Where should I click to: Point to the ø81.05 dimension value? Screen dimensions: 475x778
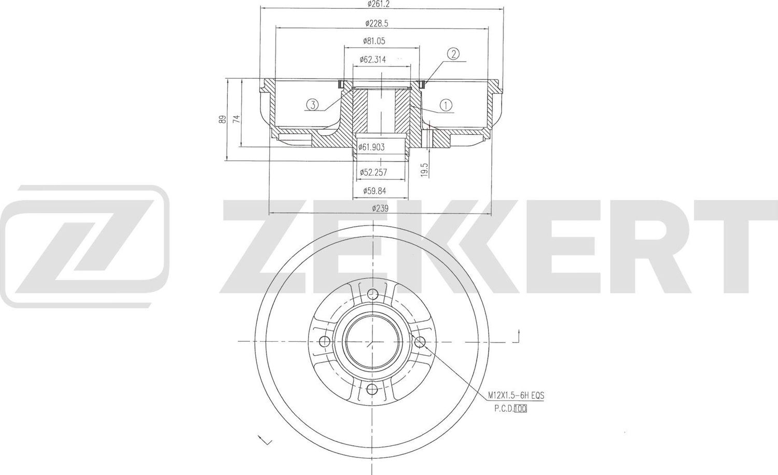[374, 41]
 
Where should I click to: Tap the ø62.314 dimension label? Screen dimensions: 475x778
[373, 60]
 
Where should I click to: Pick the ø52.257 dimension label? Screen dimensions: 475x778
[373, 172]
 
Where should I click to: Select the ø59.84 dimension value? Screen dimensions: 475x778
[374, 191]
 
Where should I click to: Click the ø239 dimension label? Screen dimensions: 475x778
[380, 208]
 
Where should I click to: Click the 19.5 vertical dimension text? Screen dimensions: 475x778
[424, 170]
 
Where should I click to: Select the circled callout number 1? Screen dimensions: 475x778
[446, 105]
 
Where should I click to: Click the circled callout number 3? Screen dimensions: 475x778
[312, 105]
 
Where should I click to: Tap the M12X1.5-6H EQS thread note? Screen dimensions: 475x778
[516, 396]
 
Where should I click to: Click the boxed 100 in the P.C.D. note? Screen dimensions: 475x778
[520, 409]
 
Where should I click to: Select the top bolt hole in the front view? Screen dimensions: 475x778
[372, 295]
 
